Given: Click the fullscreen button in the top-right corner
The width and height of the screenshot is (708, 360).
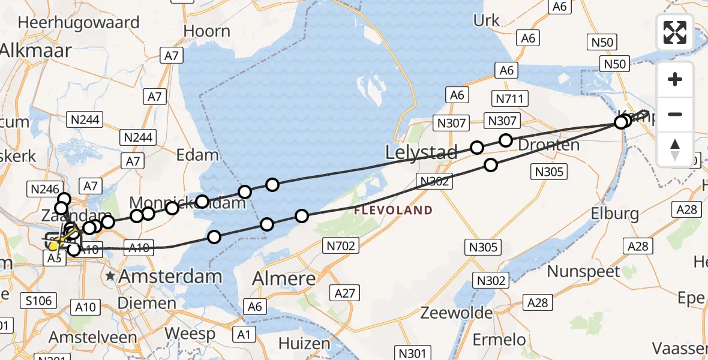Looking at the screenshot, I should (x=675, y=32).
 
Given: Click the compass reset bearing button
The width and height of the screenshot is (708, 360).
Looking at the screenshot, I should (x=675, y=149).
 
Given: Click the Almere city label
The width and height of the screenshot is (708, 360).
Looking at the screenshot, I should (x=284, y=279).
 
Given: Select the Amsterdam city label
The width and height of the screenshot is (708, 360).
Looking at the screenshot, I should (x=171, y=277).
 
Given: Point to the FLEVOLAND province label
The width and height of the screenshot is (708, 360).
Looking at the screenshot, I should (x=393, y=210).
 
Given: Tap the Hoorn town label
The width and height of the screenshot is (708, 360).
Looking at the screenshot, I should (x=206, y=31).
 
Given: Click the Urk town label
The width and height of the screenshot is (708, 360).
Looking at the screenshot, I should (x=486, y=20).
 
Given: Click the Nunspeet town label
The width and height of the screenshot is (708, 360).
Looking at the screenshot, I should (x=583, y=271).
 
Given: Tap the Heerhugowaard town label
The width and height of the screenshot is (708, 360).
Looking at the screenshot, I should (x=79, y=23).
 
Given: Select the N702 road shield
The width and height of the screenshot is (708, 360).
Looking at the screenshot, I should (x=341, y=245).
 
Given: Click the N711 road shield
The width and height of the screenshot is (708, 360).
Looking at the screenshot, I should (x=509, y=99).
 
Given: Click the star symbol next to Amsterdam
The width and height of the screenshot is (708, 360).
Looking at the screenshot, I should (x=110, y=277).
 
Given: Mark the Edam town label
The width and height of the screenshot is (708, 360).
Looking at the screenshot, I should (x=197, y=155).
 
